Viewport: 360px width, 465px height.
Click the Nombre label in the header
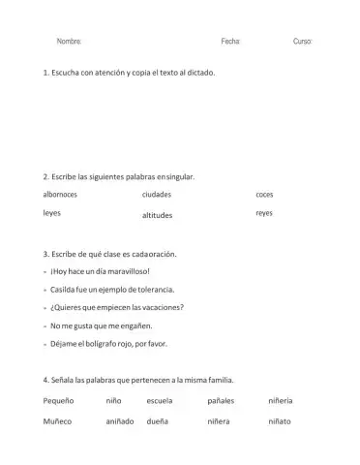click(x=69, y=43)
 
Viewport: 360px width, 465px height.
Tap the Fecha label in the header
click(x=230, y=43)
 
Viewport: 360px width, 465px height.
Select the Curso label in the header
click(x=302, y=43)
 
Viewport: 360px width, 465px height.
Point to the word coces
click(x=264, y=195)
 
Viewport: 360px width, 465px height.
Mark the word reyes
click(x=264, y=213)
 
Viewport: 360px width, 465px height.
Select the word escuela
click(x=160, y=400)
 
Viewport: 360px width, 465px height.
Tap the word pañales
click(x=221, y=400)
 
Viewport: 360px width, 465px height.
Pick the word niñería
click(x=281, y=400)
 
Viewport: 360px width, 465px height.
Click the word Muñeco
click(x=58, y=421)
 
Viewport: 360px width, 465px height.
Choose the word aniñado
click(x=119, y=421)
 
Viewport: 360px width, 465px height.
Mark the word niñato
click(x=279, y=421)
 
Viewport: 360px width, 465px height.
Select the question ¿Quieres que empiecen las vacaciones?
click(x=116, y=307)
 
